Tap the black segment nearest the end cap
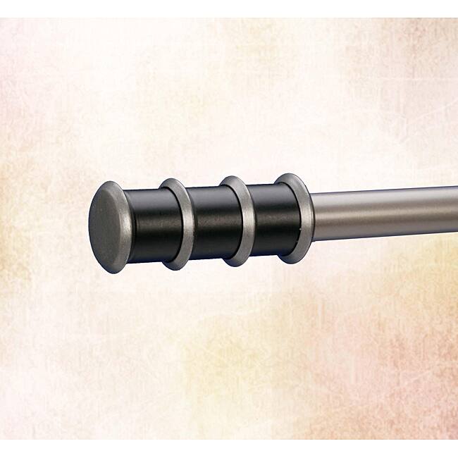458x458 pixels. [148, 224]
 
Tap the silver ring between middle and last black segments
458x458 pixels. [238, 220]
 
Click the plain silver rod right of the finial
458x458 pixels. [380, 213]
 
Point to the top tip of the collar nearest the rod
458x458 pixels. [289, 173]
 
